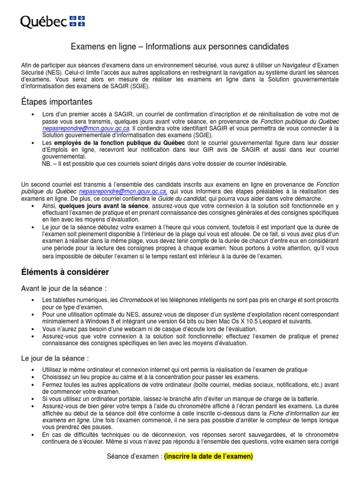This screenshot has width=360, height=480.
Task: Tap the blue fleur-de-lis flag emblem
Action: click(x=77, y=20)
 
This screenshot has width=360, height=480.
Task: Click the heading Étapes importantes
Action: click(x=57, y=102)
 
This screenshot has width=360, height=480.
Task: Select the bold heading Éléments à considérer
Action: click(x=65, y=272)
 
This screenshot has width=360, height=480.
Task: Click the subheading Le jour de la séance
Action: click(x=55, y=358)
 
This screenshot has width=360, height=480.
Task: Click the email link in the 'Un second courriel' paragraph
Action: click(x=123, y=192)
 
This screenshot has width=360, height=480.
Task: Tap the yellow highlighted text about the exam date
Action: click(x=209, y=457)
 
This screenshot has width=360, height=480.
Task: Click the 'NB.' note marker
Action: click(x=48, y=163)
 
